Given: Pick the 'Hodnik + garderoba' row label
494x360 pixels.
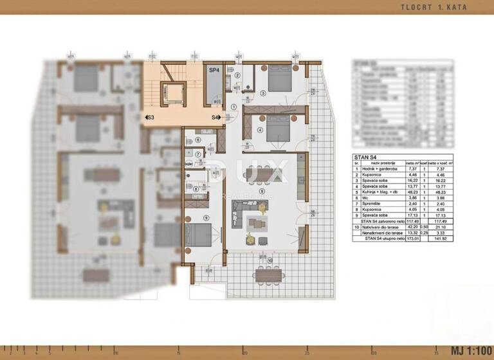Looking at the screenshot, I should click(380, 168).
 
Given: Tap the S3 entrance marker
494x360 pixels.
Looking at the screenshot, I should click(149, 118).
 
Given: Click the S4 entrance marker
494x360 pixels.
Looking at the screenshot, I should click(216, 118).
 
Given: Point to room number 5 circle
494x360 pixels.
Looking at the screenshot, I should click(261, 191).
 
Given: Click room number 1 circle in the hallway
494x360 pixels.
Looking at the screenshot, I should click(233, 107).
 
